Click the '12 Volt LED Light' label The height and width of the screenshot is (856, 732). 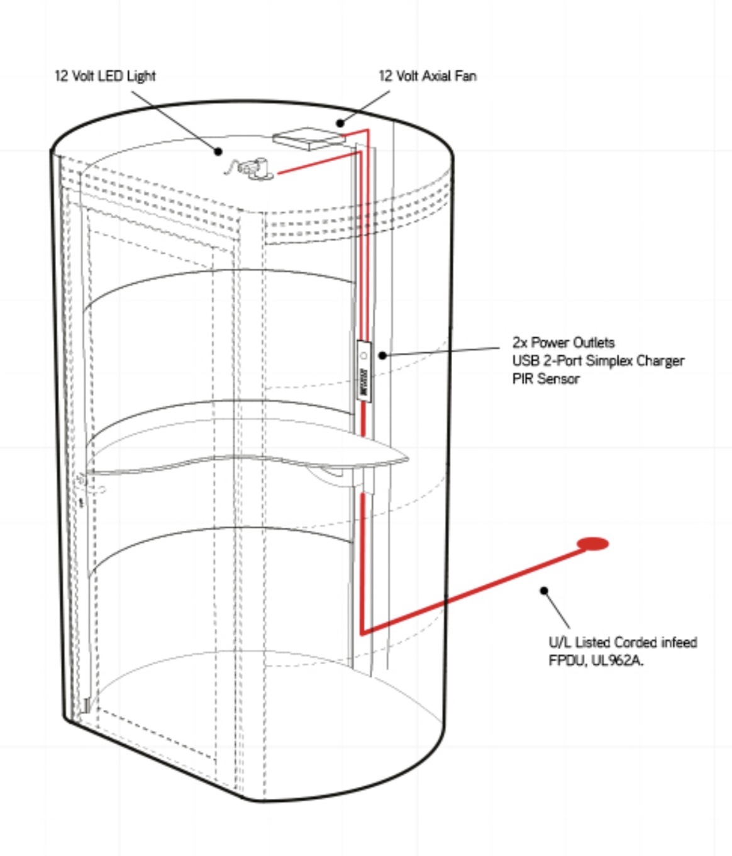(105, 76)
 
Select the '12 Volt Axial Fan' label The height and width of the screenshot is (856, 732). (427, 76)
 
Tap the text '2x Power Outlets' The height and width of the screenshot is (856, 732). (563, 343)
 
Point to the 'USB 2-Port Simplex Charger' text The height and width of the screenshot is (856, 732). (597, 361)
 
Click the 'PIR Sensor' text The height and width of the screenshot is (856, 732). (545, 379)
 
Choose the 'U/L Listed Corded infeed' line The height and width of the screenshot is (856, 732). (622, 642)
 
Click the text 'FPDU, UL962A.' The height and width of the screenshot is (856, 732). (596, 660)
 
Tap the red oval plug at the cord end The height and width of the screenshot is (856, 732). (592, 544)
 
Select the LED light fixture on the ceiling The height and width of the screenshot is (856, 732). (255, 169)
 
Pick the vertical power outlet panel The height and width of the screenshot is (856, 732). (363, 370)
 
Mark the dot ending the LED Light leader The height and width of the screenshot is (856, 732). (218, 151)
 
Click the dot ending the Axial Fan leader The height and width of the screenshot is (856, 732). (340, 123)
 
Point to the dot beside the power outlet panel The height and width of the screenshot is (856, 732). (382, 355)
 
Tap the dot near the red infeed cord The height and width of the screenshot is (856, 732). (544, 591)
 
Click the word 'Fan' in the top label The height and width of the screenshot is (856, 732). (465, 76)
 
